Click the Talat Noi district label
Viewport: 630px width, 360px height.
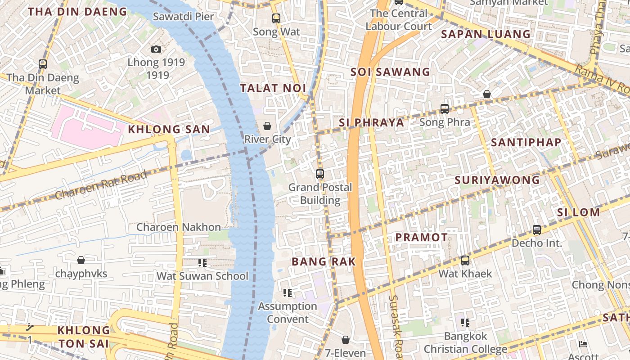pyautogui.click(x=273, y=88)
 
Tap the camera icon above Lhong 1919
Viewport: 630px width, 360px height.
pyautogui.click(x=156, y=49)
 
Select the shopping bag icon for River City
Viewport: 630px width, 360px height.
pyautogui.click(x=267, y=126)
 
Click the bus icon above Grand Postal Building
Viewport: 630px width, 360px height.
pyautogui.click(x=320, y=174)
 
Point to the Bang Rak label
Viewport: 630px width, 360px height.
pyautogui.click(x=324, y=261)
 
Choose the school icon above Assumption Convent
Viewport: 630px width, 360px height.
pyautogui.click(x=288, y=293)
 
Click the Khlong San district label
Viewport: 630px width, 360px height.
pyautogui.click(x=169, y=130)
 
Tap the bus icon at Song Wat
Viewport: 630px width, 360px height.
pyautogui.click(x=276, y=18)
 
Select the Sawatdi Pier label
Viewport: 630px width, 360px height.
pyautogui.click(x=183, y=17)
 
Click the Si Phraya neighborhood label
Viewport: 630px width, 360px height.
pyautogui.click(x=371, y=122)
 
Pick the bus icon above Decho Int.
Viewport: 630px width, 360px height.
pyautogui.click(x=537, y=230)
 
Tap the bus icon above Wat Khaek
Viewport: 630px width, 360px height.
pyautogui.click(x=465, y=260)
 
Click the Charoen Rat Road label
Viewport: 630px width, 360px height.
pyautogui.click(x=101, y=185)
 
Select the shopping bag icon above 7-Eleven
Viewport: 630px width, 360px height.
pyautogui.click(x=346, y=340)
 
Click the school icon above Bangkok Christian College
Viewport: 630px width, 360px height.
pyautogui.click(x=465, y=322)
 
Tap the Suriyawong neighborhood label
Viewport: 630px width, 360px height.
pyautogui.click(x=497, y=180)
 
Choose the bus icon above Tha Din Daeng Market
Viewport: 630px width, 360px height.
pyautogui.click(x=43, y=64)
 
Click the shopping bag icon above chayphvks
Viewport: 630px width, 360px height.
pyautogui.click(x=81, y=260)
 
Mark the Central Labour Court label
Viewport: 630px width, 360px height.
pyautogui.click(x=398, y=20)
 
